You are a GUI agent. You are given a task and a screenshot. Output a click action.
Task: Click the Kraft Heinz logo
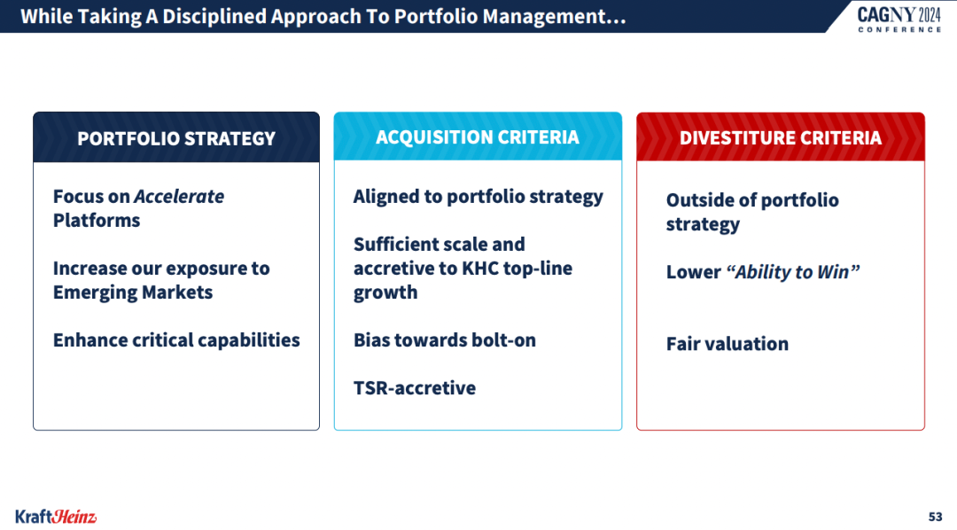[x=56, y=517]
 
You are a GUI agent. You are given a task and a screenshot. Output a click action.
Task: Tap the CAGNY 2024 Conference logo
[x=899, y=19]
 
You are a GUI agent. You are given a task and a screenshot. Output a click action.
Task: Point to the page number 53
[x=935, y=517]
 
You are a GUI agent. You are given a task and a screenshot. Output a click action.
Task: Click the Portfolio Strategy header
[x=176, y=138]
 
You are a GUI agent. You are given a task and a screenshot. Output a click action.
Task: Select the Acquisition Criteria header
[x=478, y=137]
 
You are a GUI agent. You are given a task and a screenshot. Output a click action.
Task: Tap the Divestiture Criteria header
[x=781, y=138]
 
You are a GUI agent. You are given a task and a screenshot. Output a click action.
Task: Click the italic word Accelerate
[x=179, y=197]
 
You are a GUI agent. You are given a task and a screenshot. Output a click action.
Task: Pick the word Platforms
[x=97, y=221]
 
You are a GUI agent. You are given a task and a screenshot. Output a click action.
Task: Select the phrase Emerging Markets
[x=133, y=292]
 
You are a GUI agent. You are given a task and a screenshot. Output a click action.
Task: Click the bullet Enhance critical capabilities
[x=176, y=340]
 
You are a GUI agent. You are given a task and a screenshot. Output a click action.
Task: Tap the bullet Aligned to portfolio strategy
[x=478, y=197]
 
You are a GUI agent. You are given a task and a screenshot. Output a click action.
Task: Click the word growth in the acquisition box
[x=385, y=292]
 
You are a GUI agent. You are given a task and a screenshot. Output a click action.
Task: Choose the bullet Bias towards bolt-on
[x=444, y=340]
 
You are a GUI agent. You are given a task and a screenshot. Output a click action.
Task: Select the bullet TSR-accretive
[x=415, y=387]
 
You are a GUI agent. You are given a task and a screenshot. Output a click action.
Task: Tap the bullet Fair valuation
[x=727, y=344]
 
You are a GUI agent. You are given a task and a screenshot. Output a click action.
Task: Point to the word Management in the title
[x=555, y=17]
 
